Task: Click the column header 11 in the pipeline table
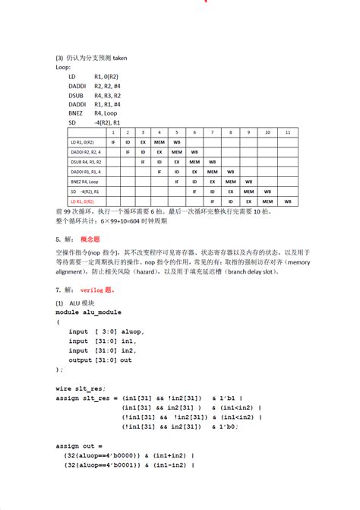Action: point(287,132)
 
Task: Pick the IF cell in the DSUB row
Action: point(142,162)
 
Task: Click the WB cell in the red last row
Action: point(287,201)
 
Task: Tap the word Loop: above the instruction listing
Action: point(63,67)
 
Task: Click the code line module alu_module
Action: point(88,312)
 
